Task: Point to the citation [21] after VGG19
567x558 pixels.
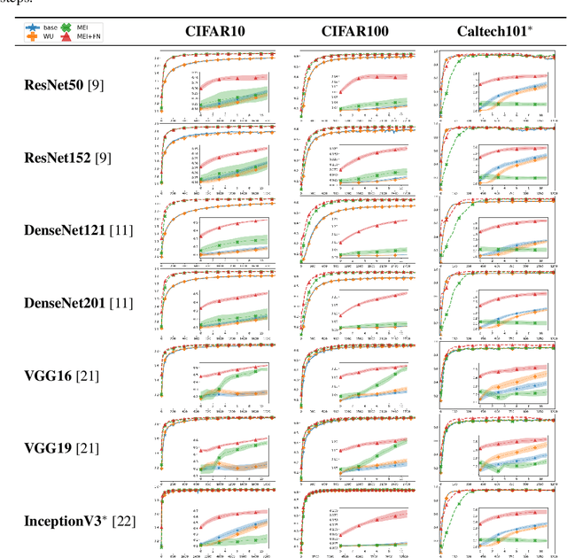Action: (88, 448)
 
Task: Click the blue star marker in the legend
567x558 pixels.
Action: (32, 27)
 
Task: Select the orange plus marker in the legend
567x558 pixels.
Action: (32, 38)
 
